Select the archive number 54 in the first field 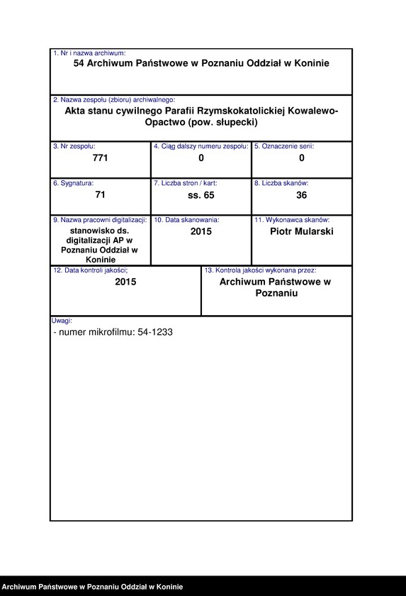click(79, 63)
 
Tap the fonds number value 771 click(100, 158)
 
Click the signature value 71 click(100, 195)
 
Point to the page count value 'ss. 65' click(201, 195)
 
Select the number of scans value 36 click(301, 195)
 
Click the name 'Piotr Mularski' click(301, 231)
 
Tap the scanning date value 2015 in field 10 click(201, 231)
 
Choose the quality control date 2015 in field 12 click(125, 282)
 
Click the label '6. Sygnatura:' click(73, 183)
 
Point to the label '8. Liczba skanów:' click(281, 183)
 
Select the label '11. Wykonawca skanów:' click(292, 220)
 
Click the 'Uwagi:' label click(62, 321)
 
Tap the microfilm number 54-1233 click(156, 332)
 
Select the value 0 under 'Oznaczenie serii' click(301, 158)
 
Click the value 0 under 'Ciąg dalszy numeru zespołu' click(201, 158)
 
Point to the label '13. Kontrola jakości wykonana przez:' click(260, 270)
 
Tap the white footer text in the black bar click(92, 587)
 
